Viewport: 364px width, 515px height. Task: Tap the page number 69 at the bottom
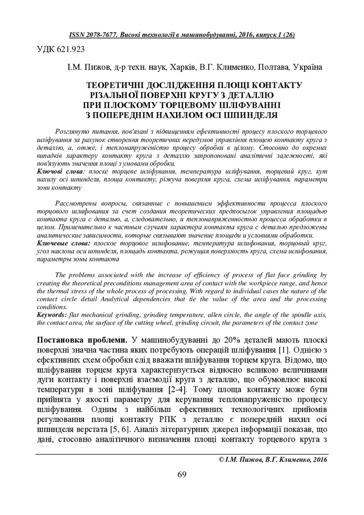182,473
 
